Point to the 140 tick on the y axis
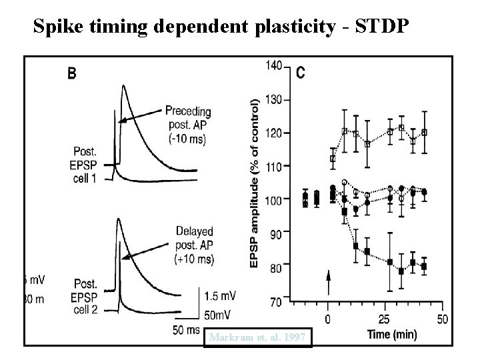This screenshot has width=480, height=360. point(273,65)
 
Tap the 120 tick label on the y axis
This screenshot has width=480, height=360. point(273,133)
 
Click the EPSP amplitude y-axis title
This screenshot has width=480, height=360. point(255,184)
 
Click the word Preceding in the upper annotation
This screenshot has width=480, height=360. point(188,111)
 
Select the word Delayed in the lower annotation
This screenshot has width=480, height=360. point(195,231)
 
